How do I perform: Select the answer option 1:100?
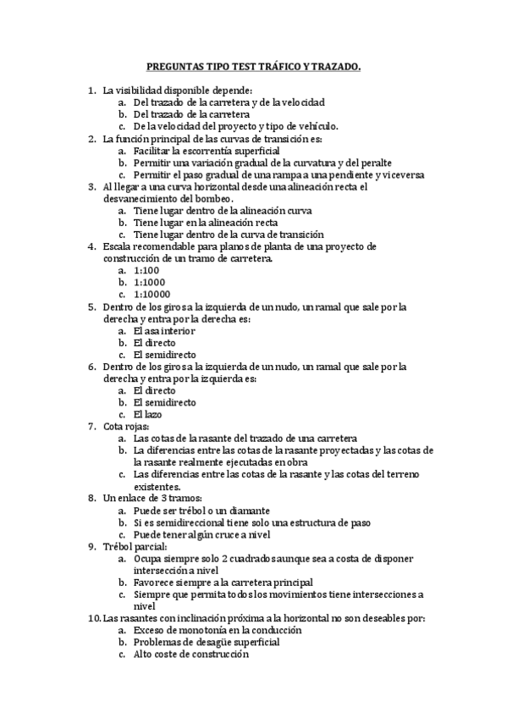click(x=146, y=270)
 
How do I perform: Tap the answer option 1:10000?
click(x=151, y=294)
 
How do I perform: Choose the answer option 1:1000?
click(x=148, y=282)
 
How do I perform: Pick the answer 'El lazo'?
click(x=149, y=414)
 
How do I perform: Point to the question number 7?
click(x=91, y=427)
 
